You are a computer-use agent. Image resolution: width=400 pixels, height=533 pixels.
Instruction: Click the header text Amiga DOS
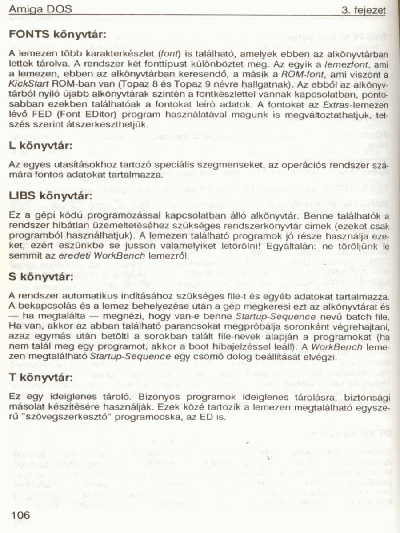(40, 10)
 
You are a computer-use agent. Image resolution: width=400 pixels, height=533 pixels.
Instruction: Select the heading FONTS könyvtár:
(57, 34)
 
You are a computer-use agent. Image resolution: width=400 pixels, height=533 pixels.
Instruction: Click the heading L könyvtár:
(41, 145)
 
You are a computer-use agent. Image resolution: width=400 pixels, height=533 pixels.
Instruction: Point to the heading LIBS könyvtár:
(51, 195)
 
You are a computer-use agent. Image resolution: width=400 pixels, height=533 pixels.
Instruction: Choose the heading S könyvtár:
(41, 277)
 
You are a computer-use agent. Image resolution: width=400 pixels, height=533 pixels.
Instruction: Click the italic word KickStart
(26, 83)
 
